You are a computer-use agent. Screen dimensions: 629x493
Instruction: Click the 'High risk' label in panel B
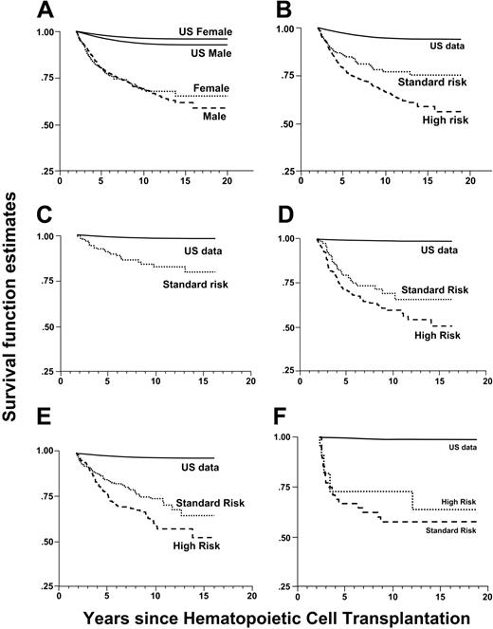pos(435,120)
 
